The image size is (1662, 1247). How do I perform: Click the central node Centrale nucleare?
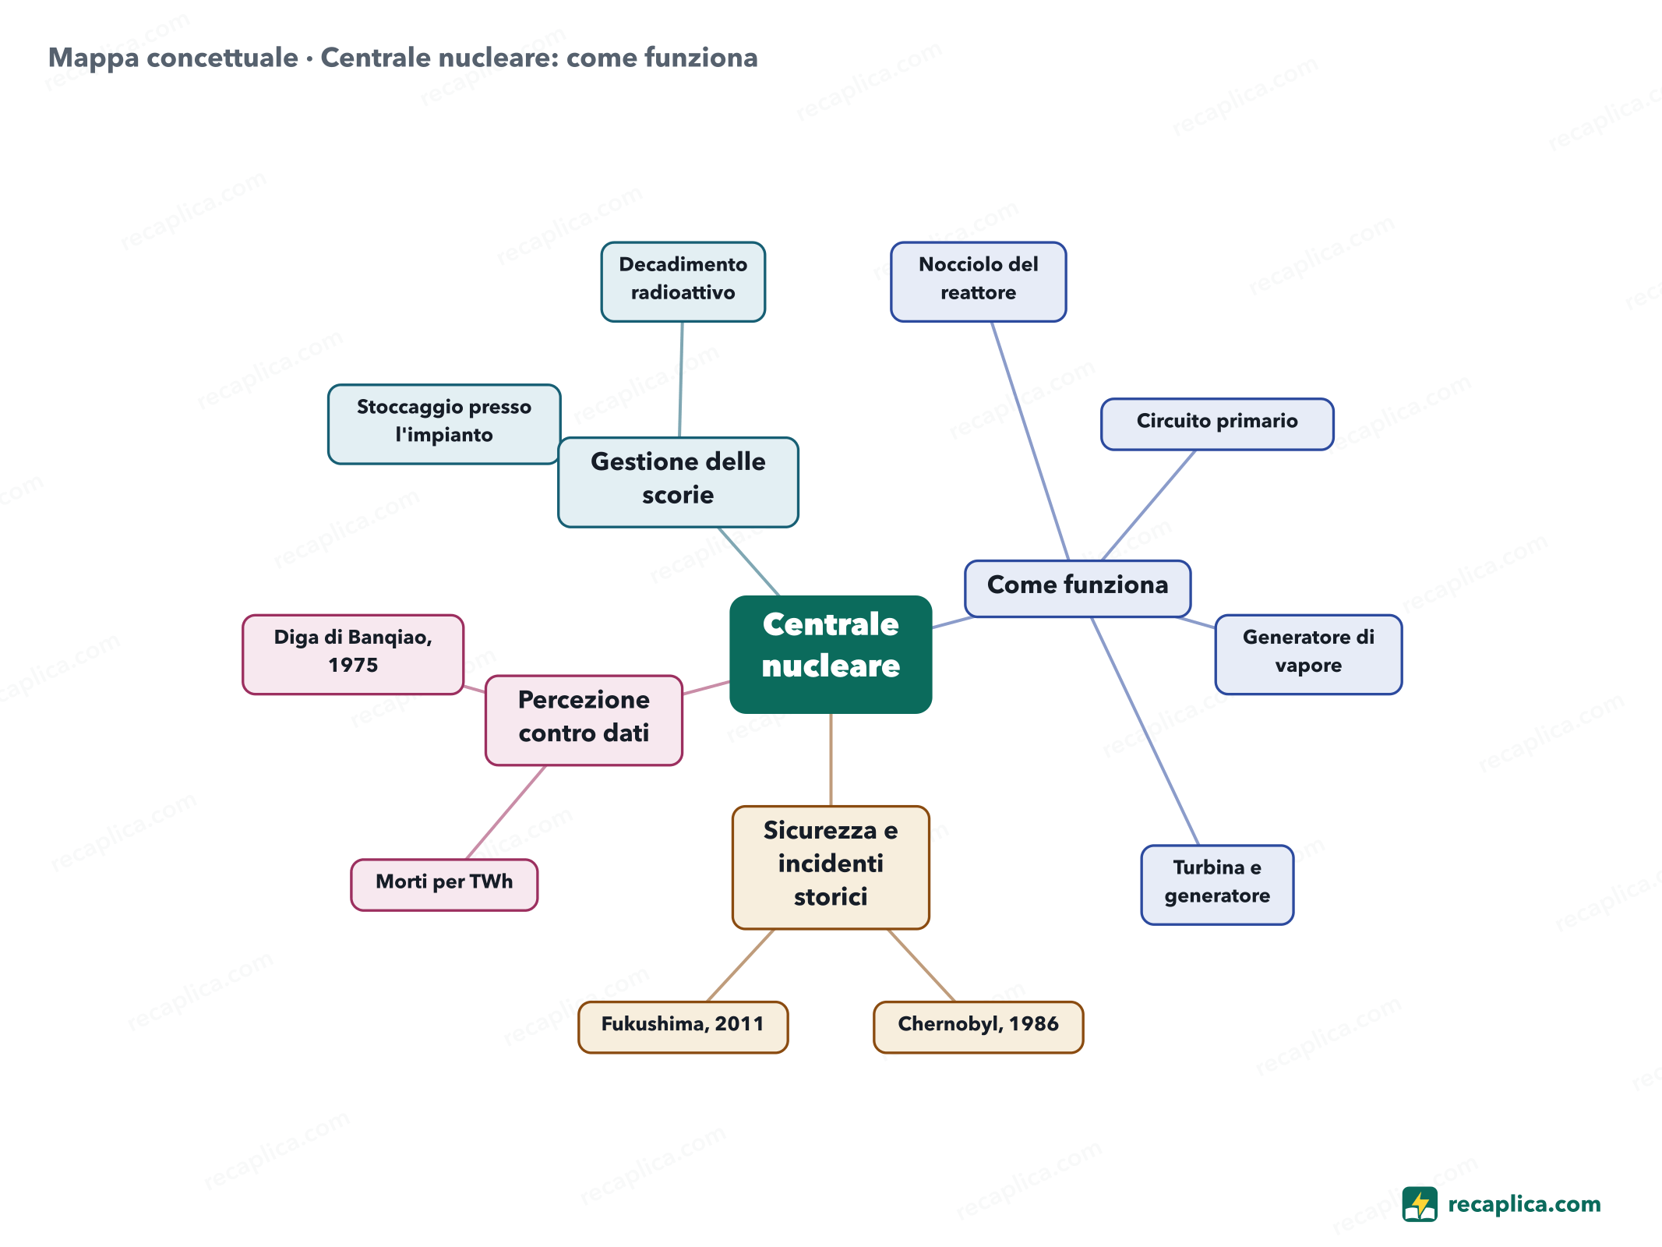click(x=831, y=654)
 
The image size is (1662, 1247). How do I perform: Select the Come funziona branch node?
click(x=1078, y=588)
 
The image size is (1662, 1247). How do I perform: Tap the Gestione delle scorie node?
click(x=678, y=482)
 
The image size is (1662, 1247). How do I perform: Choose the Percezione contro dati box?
click(x=584, y=720)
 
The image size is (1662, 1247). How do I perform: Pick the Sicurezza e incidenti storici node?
click(x=831, y=867)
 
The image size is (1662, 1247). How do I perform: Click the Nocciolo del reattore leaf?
click(x=979, y=281)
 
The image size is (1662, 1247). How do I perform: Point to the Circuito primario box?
click(x=1217, y=424)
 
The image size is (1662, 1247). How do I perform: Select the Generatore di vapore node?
click(x=1308, y=654)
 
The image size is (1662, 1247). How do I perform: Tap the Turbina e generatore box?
click(x=1217, y=885)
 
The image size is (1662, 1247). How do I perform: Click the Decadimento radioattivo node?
click(x=683, y=281)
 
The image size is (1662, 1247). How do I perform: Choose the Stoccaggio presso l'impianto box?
click(x=444, y=424)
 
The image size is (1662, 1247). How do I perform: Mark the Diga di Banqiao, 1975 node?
click(x=353, y=654)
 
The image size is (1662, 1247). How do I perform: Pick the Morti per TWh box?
click(x=444, y=885)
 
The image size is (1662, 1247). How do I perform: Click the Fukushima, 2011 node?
click(x=683, y=1027)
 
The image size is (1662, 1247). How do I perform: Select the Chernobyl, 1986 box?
click(x=979, y=1027)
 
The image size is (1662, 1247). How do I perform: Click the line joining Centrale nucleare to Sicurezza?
click(x=831, y=760)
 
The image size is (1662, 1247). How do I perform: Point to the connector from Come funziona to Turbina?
click(x=1145, y=731)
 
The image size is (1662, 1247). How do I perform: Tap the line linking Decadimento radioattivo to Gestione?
click(x=681, y=380)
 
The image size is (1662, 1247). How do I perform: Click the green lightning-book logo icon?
click(x=1420, y=1204)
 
